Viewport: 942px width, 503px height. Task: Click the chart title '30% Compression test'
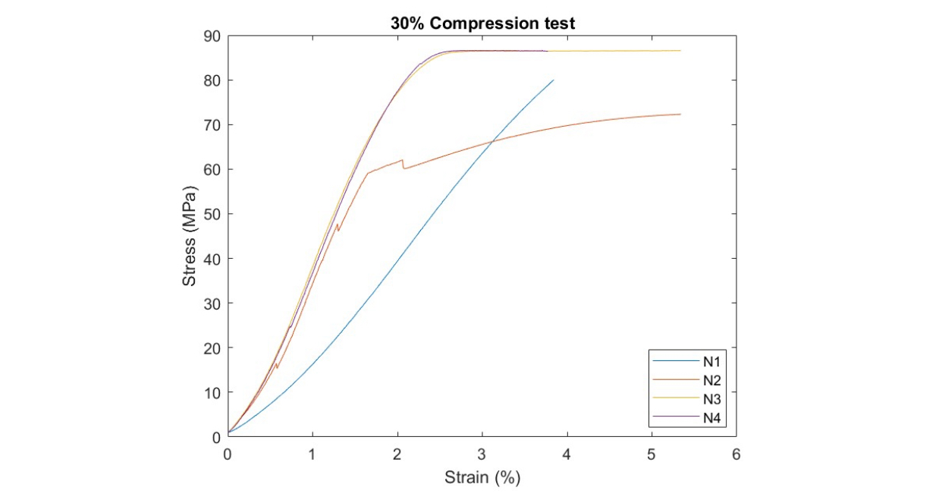[482, 23]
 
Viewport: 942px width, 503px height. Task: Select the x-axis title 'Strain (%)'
[482, 478]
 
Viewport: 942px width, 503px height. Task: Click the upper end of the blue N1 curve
[553, 80]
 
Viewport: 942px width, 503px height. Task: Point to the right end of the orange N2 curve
[680, 115]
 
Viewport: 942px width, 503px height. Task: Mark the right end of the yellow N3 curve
[680, 51]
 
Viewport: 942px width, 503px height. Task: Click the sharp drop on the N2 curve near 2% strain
[403, 164]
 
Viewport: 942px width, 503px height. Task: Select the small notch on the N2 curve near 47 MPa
[338, 227]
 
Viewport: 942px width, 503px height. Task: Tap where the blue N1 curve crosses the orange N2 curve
[493, 140]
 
